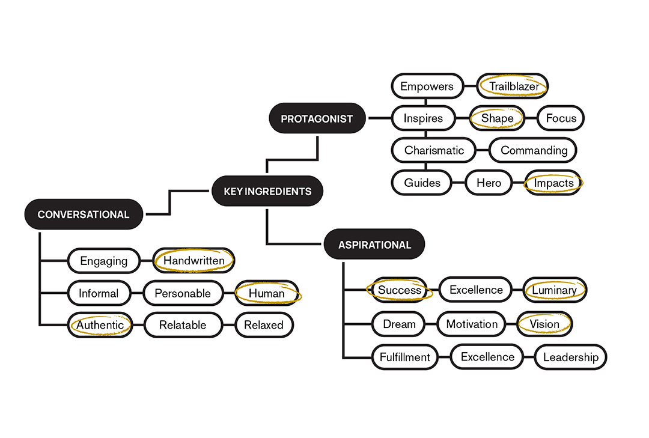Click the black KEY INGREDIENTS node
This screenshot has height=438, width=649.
click(x=267, y=191)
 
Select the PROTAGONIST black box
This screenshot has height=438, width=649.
click(x=317, y=119)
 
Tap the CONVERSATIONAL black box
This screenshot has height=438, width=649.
click(x=84, y=214)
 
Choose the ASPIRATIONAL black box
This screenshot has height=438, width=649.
click(x=374, y=245)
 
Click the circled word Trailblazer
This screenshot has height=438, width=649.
click(x=513, y=87)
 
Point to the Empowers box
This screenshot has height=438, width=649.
click(x=427, y=87)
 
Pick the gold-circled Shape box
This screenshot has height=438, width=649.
click(x=497, y=118)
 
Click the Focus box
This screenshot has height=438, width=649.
click(x=561, y=118)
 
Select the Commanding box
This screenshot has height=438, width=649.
click(x=534, y=150)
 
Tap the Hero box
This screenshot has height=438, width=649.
click(x=489, y=183)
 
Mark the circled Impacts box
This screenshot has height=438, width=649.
click(x=553, y=183)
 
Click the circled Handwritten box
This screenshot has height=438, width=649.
click(x=193, y=261)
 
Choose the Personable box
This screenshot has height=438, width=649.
click(x=183, y=293)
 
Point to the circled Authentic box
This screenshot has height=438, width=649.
click(x=100, y=325)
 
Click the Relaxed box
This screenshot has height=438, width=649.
click(x=263, y=325)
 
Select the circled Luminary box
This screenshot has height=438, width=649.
click(x=554, y=290)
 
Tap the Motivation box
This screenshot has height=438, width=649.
click(x=472, y=324)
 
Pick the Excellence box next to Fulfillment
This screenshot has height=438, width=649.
click(x=487, y=357)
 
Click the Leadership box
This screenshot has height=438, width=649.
click(x=570, y=357)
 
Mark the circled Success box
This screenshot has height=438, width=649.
click(x=400, y=290)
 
